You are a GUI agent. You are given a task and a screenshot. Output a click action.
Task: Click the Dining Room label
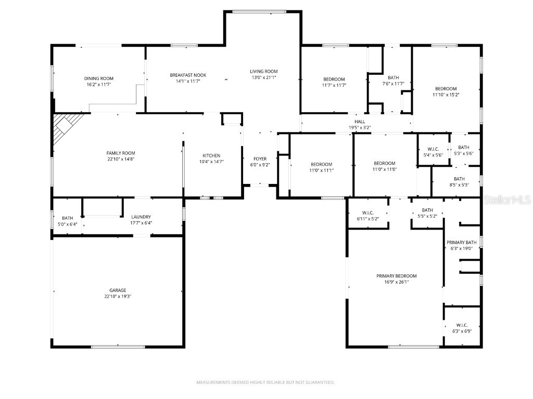tap(99, 78)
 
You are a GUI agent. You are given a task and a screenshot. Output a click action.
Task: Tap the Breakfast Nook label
tap(185, 75)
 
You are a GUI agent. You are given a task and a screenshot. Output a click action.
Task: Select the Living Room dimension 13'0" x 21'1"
tap(263, 78)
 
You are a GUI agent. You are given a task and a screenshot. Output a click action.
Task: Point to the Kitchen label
tap(211, 155)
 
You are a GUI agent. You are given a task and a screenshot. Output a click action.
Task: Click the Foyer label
tap(260, 158)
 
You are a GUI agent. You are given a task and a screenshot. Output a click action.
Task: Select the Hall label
tap(360, 122)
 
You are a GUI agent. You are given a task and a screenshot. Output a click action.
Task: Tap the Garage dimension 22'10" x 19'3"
tap(118, 297)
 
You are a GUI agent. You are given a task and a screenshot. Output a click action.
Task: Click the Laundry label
tap(141, 217)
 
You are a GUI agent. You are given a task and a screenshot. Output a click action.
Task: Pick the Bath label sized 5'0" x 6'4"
tap(68, 218)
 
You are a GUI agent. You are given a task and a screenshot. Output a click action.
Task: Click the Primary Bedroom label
tap(397, 276)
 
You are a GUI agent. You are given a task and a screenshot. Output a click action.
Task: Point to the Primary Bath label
tap(461, 242)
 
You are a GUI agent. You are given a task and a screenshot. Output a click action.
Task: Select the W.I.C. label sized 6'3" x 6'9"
tap(461, 325)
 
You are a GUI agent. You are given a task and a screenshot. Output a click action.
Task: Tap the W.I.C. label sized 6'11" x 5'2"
tap(367, 212)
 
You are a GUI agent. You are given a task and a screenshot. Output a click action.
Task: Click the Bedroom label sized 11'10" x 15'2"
tap(446, 88)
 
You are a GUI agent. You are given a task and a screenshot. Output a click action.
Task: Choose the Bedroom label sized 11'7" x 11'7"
tap(334, 79)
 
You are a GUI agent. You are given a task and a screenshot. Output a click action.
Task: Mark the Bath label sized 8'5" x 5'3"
tap(459, 179)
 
